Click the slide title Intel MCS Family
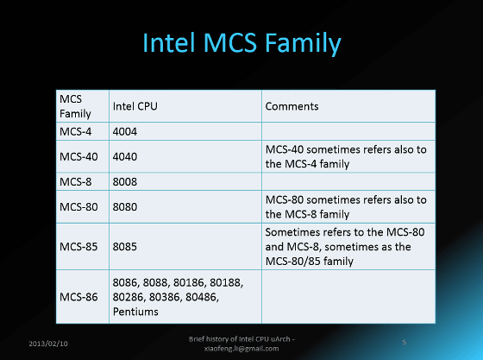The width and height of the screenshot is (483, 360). (241, 43)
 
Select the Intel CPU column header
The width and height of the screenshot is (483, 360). (135, 106)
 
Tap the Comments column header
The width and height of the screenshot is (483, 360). (292, 106)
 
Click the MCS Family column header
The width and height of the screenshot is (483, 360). (75, 106)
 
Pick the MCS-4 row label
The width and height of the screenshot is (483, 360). (76, 131)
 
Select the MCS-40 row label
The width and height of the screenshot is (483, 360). (78, 156)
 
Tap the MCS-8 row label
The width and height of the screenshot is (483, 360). (76, 181)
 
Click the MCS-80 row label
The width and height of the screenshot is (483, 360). (78, 207)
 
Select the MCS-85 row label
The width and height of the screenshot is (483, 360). (78, 247)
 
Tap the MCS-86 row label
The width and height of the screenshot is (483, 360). (78, 297)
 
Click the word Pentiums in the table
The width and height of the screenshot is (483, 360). (135, 312)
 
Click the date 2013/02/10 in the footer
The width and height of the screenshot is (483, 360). (48, 344)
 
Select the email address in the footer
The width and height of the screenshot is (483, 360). (241, 349)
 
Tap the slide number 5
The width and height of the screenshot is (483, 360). (405, 342)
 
